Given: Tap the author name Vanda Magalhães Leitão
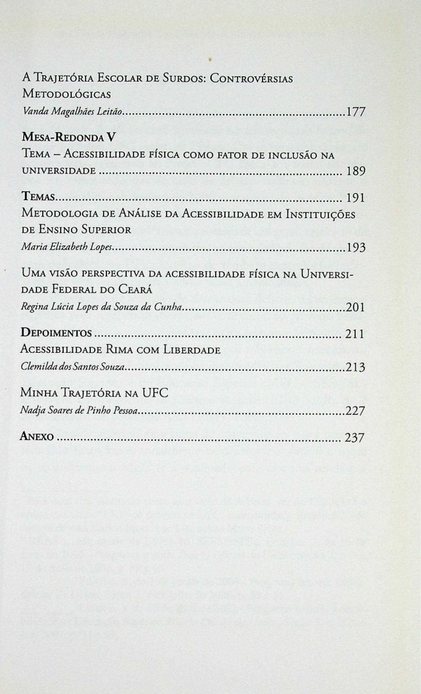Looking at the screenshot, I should (72, 113).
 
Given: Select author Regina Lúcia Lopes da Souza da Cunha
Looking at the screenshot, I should (102, 307).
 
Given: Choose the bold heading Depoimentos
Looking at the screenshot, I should (56, 334).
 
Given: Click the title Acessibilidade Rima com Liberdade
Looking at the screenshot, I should (121, 350).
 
